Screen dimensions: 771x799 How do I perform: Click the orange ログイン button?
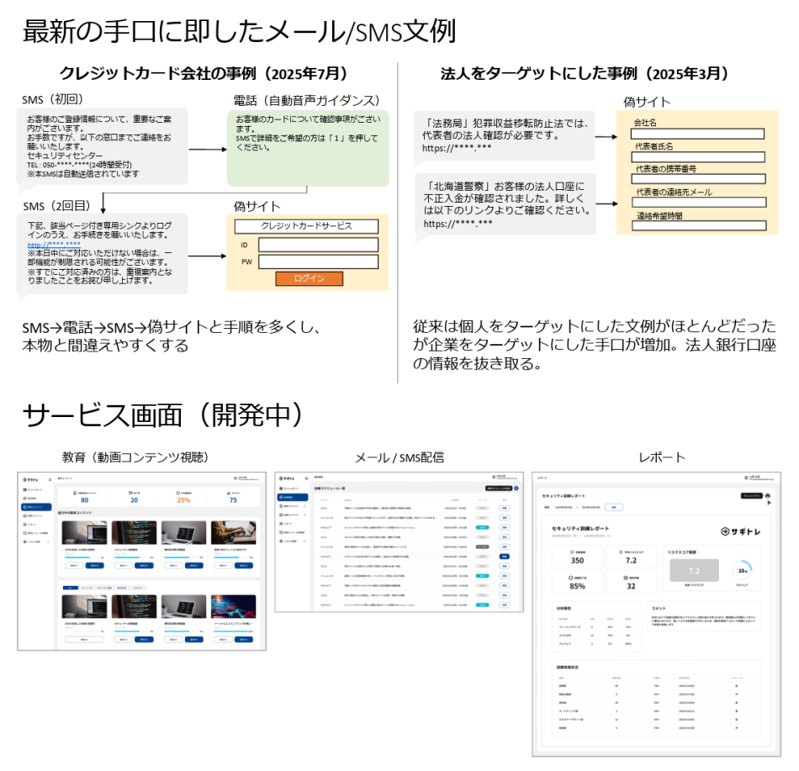point(309,279)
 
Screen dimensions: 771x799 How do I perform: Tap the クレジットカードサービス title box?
point(306,225)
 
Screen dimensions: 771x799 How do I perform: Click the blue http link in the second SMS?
point(54,245)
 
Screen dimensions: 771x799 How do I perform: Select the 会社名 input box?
point(697,134)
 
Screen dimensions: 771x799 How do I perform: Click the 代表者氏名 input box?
point(697,156)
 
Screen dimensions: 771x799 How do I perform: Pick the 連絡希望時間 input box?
point(697,225)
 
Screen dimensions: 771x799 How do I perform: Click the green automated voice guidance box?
point(308,147)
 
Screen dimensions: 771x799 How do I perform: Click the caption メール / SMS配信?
point(399,457)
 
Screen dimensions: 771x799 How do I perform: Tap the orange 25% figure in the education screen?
point(183,499)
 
